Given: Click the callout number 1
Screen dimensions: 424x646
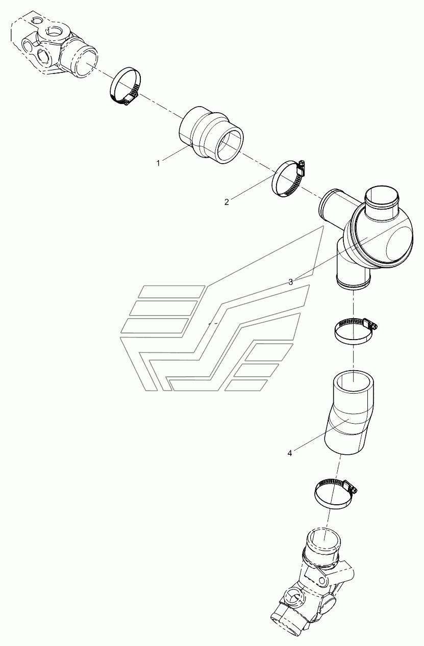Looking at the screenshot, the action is point(158,164).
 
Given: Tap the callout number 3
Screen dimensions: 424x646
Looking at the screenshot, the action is point(291,282).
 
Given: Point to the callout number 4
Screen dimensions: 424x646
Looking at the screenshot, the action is point(290,453).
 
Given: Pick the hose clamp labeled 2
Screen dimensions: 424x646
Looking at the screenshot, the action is point(289,178).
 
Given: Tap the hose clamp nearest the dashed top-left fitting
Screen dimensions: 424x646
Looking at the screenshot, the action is point(127,86).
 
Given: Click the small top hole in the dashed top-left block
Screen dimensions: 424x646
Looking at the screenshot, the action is point(37,20).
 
